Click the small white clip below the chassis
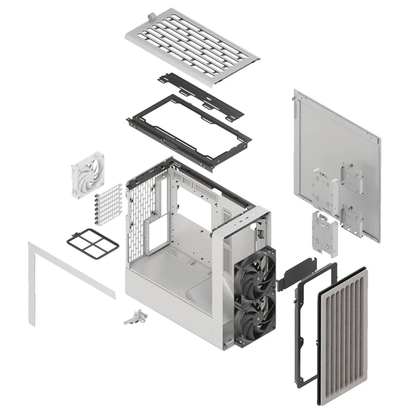pos(135,316)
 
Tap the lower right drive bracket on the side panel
pos(351,222)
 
